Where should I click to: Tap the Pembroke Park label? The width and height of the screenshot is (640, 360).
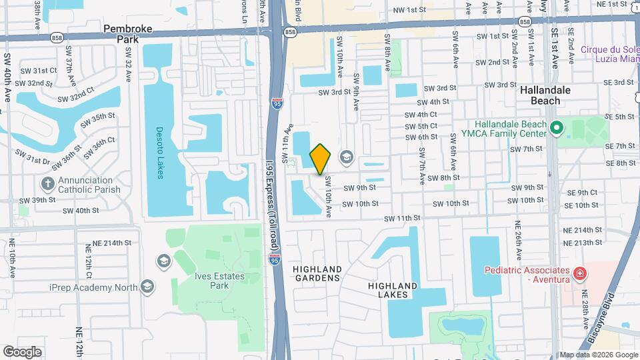click(129, 34)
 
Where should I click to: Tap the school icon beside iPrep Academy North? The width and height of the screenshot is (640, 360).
click(147, 287)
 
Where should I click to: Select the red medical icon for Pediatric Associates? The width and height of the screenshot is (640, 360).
click(579, 273)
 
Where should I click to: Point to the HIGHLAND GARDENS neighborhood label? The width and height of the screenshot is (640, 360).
click(317, 274)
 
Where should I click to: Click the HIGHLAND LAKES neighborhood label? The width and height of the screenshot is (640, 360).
click(392, 291)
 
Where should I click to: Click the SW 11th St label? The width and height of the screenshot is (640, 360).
click(402, 218)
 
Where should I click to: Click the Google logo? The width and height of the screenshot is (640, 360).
click(22, 351)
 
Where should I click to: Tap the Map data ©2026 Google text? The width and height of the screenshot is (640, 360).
click(597, 355)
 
